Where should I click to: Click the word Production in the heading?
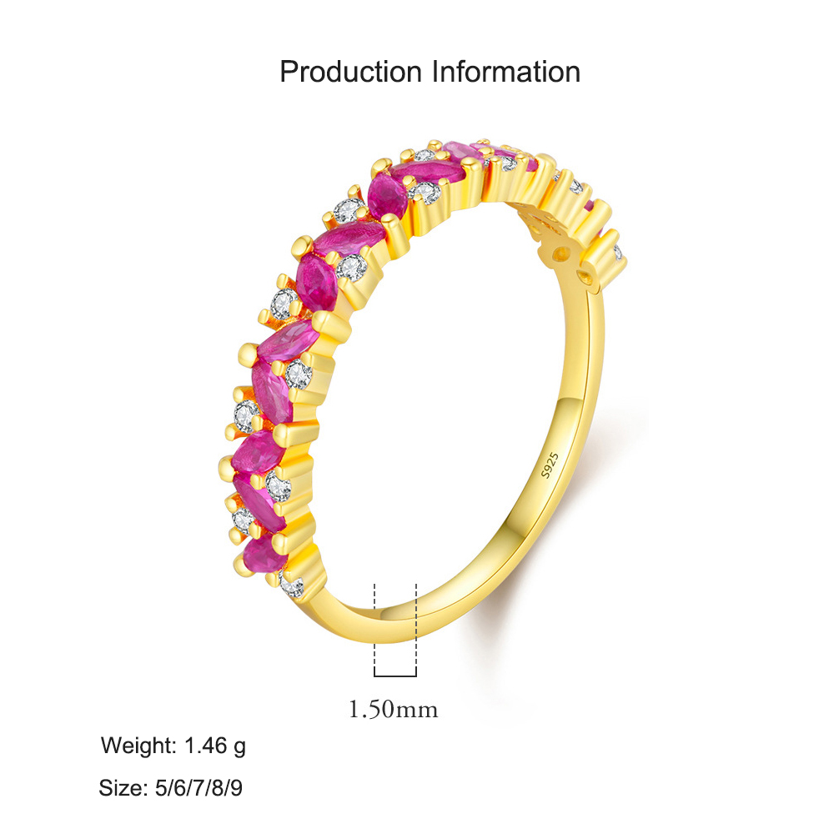point(350,72)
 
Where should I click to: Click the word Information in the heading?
point(505,72)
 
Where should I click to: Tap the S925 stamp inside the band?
point(550,465)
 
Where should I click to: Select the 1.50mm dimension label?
point(393,709)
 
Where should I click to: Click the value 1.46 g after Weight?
point(215,746)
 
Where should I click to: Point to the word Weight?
point(138,746)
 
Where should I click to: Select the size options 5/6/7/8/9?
point(198,788)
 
